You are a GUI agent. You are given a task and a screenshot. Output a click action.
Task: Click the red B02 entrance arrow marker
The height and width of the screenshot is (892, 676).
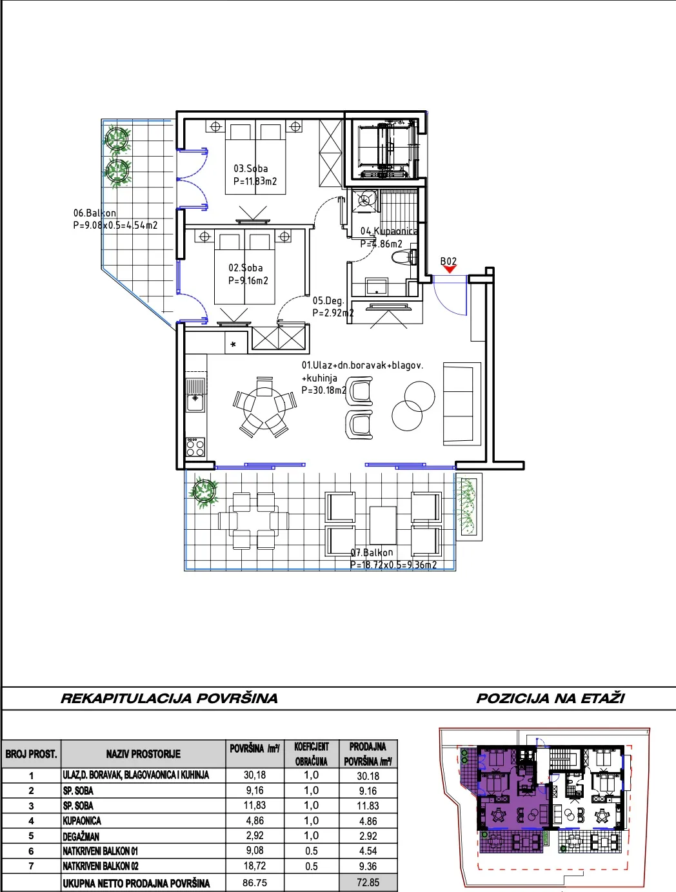click(449, 269)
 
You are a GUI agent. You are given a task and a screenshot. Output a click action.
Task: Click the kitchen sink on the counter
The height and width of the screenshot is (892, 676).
click(195, 394)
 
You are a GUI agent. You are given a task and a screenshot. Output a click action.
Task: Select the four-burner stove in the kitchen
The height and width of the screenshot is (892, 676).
click(195, 447)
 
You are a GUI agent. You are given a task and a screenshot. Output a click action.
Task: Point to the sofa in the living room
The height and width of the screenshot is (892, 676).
click(462, 404)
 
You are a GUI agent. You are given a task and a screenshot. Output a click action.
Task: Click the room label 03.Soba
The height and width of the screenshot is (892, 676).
click(250, 168)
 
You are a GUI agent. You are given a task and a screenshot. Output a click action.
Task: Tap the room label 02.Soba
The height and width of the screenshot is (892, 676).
click(245, 268)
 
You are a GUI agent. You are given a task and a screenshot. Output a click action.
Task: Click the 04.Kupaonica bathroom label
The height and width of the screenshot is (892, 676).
click(389, 231)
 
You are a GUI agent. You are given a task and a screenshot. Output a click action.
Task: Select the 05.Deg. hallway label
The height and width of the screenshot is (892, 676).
click(328, 301)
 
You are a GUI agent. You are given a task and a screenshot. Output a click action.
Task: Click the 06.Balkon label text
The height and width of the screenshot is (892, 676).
click(94, 213)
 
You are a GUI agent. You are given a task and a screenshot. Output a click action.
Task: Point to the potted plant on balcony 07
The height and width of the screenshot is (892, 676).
click(204, 492)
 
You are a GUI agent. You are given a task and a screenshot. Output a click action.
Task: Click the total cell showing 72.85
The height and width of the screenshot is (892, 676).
click(368, 882)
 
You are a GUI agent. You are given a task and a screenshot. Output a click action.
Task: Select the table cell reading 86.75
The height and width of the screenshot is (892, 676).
click(255, 882)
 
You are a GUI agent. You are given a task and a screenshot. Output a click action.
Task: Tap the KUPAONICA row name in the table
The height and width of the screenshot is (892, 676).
click(82, 820)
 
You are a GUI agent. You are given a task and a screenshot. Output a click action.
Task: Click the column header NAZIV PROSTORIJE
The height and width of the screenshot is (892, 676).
click(143, 754)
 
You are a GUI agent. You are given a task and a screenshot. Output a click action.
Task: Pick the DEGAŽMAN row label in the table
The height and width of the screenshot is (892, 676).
click(81, 836)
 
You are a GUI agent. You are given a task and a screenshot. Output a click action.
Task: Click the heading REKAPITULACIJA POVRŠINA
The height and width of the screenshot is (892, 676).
click(169, 698)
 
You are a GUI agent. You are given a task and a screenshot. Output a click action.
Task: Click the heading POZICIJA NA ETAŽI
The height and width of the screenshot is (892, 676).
click(550, 698)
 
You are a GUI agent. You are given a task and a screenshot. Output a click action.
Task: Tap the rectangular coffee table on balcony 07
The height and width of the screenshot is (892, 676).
click(383, 525)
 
